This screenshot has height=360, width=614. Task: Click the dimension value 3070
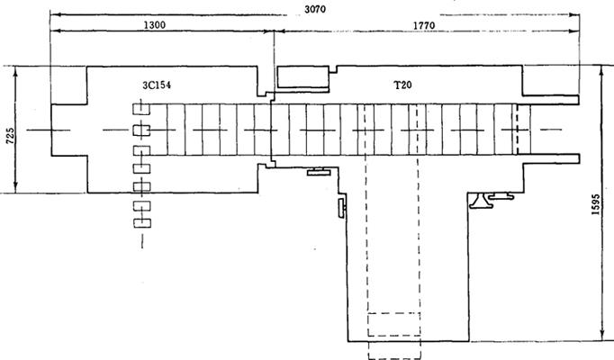(315, 9)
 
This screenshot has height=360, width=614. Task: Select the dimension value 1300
(155, 25)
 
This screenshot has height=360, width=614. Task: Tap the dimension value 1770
(424, 25)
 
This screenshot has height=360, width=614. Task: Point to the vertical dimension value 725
(11, 135)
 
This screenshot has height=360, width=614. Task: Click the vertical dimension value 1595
(596, 204)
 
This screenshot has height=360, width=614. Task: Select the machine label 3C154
(157, 85)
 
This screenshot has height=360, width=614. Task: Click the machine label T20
(403, 85)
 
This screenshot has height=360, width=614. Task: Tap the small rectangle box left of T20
(302, 77)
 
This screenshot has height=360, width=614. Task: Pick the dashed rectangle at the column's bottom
(394, 324)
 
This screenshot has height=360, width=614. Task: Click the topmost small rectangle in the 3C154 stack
(141, 109)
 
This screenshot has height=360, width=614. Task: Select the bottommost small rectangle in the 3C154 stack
(142, 222)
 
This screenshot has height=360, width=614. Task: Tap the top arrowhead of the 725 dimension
(15, 72)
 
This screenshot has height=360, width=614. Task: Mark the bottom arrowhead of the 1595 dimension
(602, 336)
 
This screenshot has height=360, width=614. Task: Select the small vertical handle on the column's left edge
(342, 207)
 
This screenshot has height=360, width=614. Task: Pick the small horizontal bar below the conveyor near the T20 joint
(319, 171)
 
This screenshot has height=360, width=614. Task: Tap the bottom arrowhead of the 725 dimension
(15, 187)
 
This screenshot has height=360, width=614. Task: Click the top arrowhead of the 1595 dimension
(602, 71)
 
